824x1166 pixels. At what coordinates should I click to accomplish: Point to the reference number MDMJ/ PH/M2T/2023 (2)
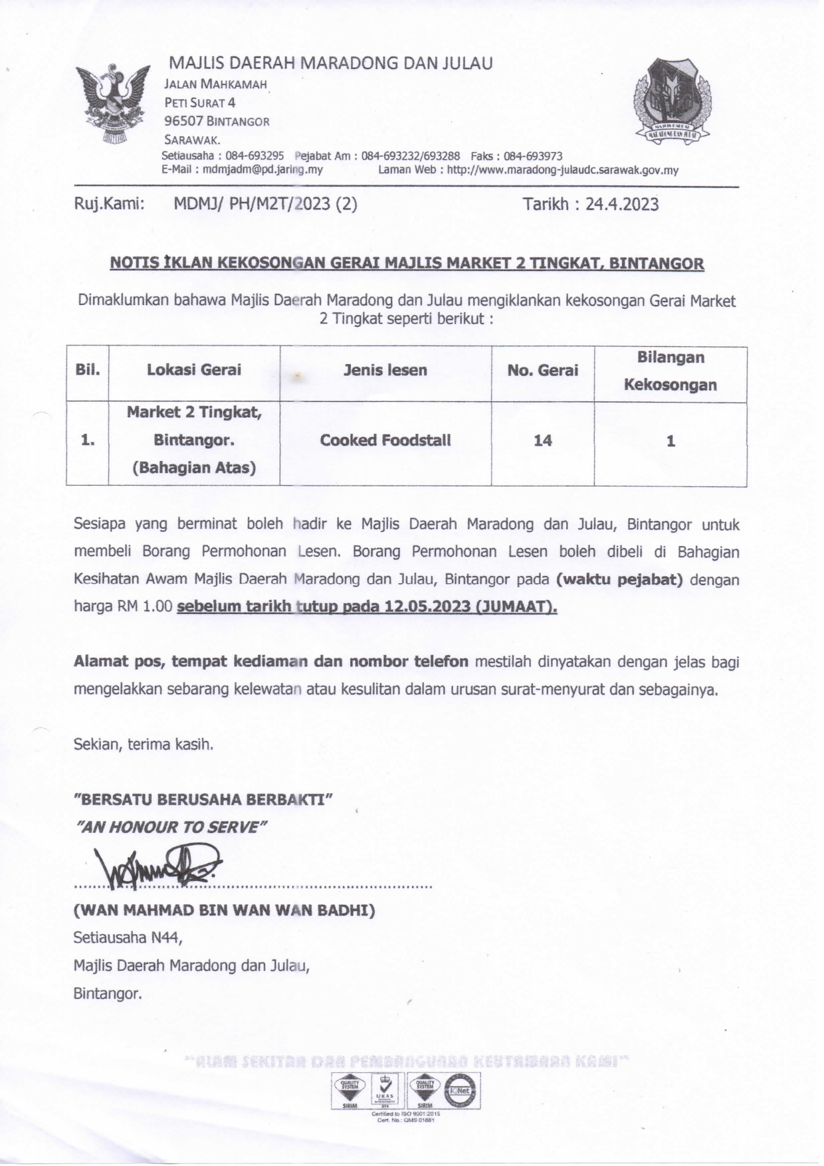265,204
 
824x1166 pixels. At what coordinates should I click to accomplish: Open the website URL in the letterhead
562,170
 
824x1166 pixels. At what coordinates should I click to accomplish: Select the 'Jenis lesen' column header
385,370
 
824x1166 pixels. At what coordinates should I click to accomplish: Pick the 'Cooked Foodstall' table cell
385,440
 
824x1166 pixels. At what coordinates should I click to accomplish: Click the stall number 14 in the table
542,440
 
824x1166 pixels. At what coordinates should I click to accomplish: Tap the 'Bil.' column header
87,370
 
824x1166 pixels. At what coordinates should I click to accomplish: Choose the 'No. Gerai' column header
542,370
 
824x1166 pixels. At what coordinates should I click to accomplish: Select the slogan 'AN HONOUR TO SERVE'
172,826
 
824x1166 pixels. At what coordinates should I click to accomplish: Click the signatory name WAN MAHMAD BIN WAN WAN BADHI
224,910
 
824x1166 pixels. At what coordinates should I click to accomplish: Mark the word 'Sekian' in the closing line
96,744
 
